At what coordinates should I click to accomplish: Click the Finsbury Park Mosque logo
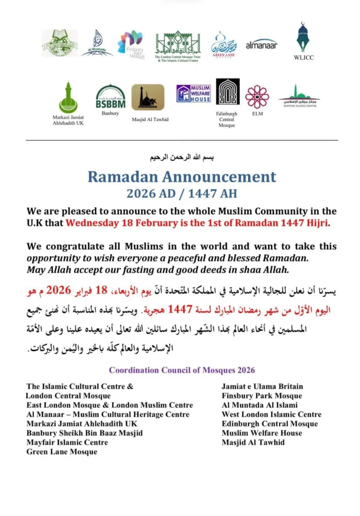coord(131,42)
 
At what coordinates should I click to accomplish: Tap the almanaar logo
coord(261,44)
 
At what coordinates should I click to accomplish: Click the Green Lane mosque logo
coord(224,44)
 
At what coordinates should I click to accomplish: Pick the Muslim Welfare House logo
coord(194,93)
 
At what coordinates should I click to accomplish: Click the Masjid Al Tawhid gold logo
coord(148,97)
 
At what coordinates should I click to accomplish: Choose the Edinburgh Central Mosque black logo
coord(227,92)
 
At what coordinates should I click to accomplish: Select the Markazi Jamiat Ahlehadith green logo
coord(68,97)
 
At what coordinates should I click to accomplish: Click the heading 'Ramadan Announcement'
coord(182,177)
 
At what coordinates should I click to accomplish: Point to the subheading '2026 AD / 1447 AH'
coord(182,193)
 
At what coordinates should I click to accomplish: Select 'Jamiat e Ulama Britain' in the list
coord(262,387)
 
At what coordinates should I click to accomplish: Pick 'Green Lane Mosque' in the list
coord(62,451)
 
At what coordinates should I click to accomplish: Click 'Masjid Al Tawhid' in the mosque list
coord(253,442)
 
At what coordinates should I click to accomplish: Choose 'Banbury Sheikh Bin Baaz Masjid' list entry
coord(85,433)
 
